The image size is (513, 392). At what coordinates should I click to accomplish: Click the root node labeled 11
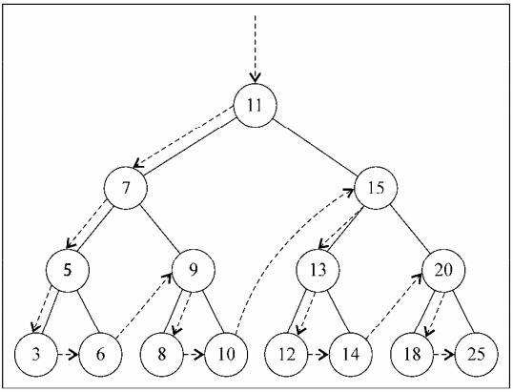click(255, 105)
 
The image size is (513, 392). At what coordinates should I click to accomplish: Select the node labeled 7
click(127, 187)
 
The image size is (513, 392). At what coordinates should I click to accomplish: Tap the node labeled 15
click(377, 187)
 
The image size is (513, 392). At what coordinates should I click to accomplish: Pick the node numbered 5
click(67, 270)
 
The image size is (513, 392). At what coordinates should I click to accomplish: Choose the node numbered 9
click(194, 270)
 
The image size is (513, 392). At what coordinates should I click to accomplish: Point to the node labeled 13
click(318, 270)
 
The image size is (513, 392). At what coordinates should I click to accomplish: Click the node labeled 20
click(443, 270)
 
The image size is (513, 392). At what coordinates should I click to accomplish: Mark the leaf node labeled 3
click(35, 354)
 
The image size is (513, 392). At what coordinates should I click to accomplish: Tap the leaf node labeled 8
click(161, 354)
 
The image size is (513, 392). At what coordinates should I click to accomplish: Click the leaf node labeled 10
click(225, 354)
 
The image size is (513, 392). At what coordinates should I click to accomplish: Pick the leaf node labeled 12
click(286, 354)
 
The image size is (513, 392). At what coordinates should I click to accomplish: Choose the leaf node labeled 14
click(350, 354)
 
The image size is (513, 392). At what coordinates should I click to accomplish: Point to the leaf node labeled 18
click(412, 354)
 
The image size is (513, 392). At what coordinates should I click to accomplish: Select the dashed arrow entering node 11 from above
click(255, 48)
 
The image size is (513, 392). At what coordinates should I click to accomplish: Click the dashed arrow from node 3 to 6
click(67, 354)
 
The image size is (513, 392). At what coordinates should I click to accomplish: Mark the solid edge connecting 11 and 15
click(316, 146)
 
